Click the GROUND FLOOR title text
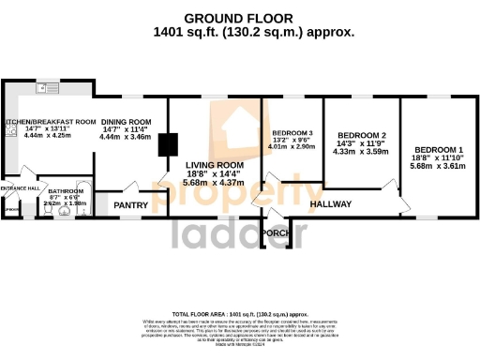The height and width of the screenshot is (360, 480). [x=238, y=18]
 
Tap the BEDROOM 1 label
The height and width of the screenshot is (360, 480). [x=439, y=150]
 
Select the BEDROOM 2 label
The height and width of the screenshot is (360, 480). [x=361, y=135]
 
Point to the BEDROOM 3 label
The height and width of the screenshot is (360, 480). [x=292, y=133]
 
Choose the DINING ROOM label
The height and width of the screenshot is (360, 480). [x=126, y=122]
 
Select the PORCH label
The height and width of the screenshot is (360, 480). [x=276, y=232]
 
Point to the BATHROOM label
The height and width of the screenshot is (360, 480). [x=66, y=190]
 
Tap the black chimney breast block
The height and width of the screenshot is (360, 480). [x=168, y=144]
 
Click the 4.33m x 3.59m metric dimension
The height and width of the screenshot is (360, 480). [x=361, y=152]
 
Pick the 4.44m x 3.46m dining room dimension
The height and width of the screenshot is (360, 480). [x=126, y=138]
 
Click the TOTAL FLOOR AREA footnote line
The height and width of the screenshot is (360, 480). [x=240, y=313]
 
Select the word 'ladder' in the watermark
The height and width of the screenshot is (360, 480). [x=239, y=234]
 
